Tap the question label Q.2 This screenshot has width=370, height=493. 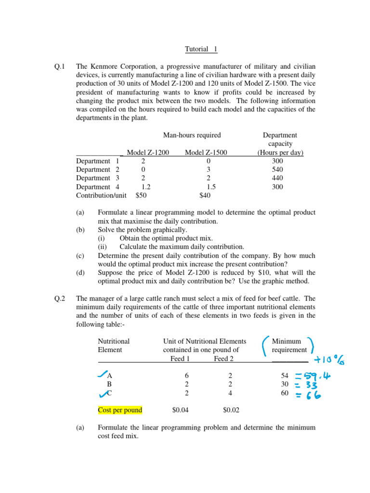pyautogui.click(x=61, y=298)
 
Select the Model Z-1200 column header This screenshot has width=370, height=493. pyautogui.click(x=148, y=153)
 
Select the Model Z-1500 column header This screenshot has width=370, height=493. pyautogui.click(x=206, y=153)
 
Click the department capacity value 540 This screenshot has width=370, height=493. pyautogui.click(x=277, y=170)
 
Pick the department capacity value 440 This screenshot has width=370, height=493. pyautogui.click(x=277, y=179)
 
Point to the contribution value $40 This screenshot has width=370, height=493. pyautogui.click(x=205, y=196)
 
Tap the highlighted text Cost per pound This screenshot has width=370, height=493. pyautogui.click(x=120, y=410)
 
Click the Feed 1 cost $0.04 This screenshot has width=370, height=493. pyautogui.click(x=181, y=411)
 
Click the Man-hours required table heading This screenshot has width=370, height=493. pyautogui.click(x=192, y=135)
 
